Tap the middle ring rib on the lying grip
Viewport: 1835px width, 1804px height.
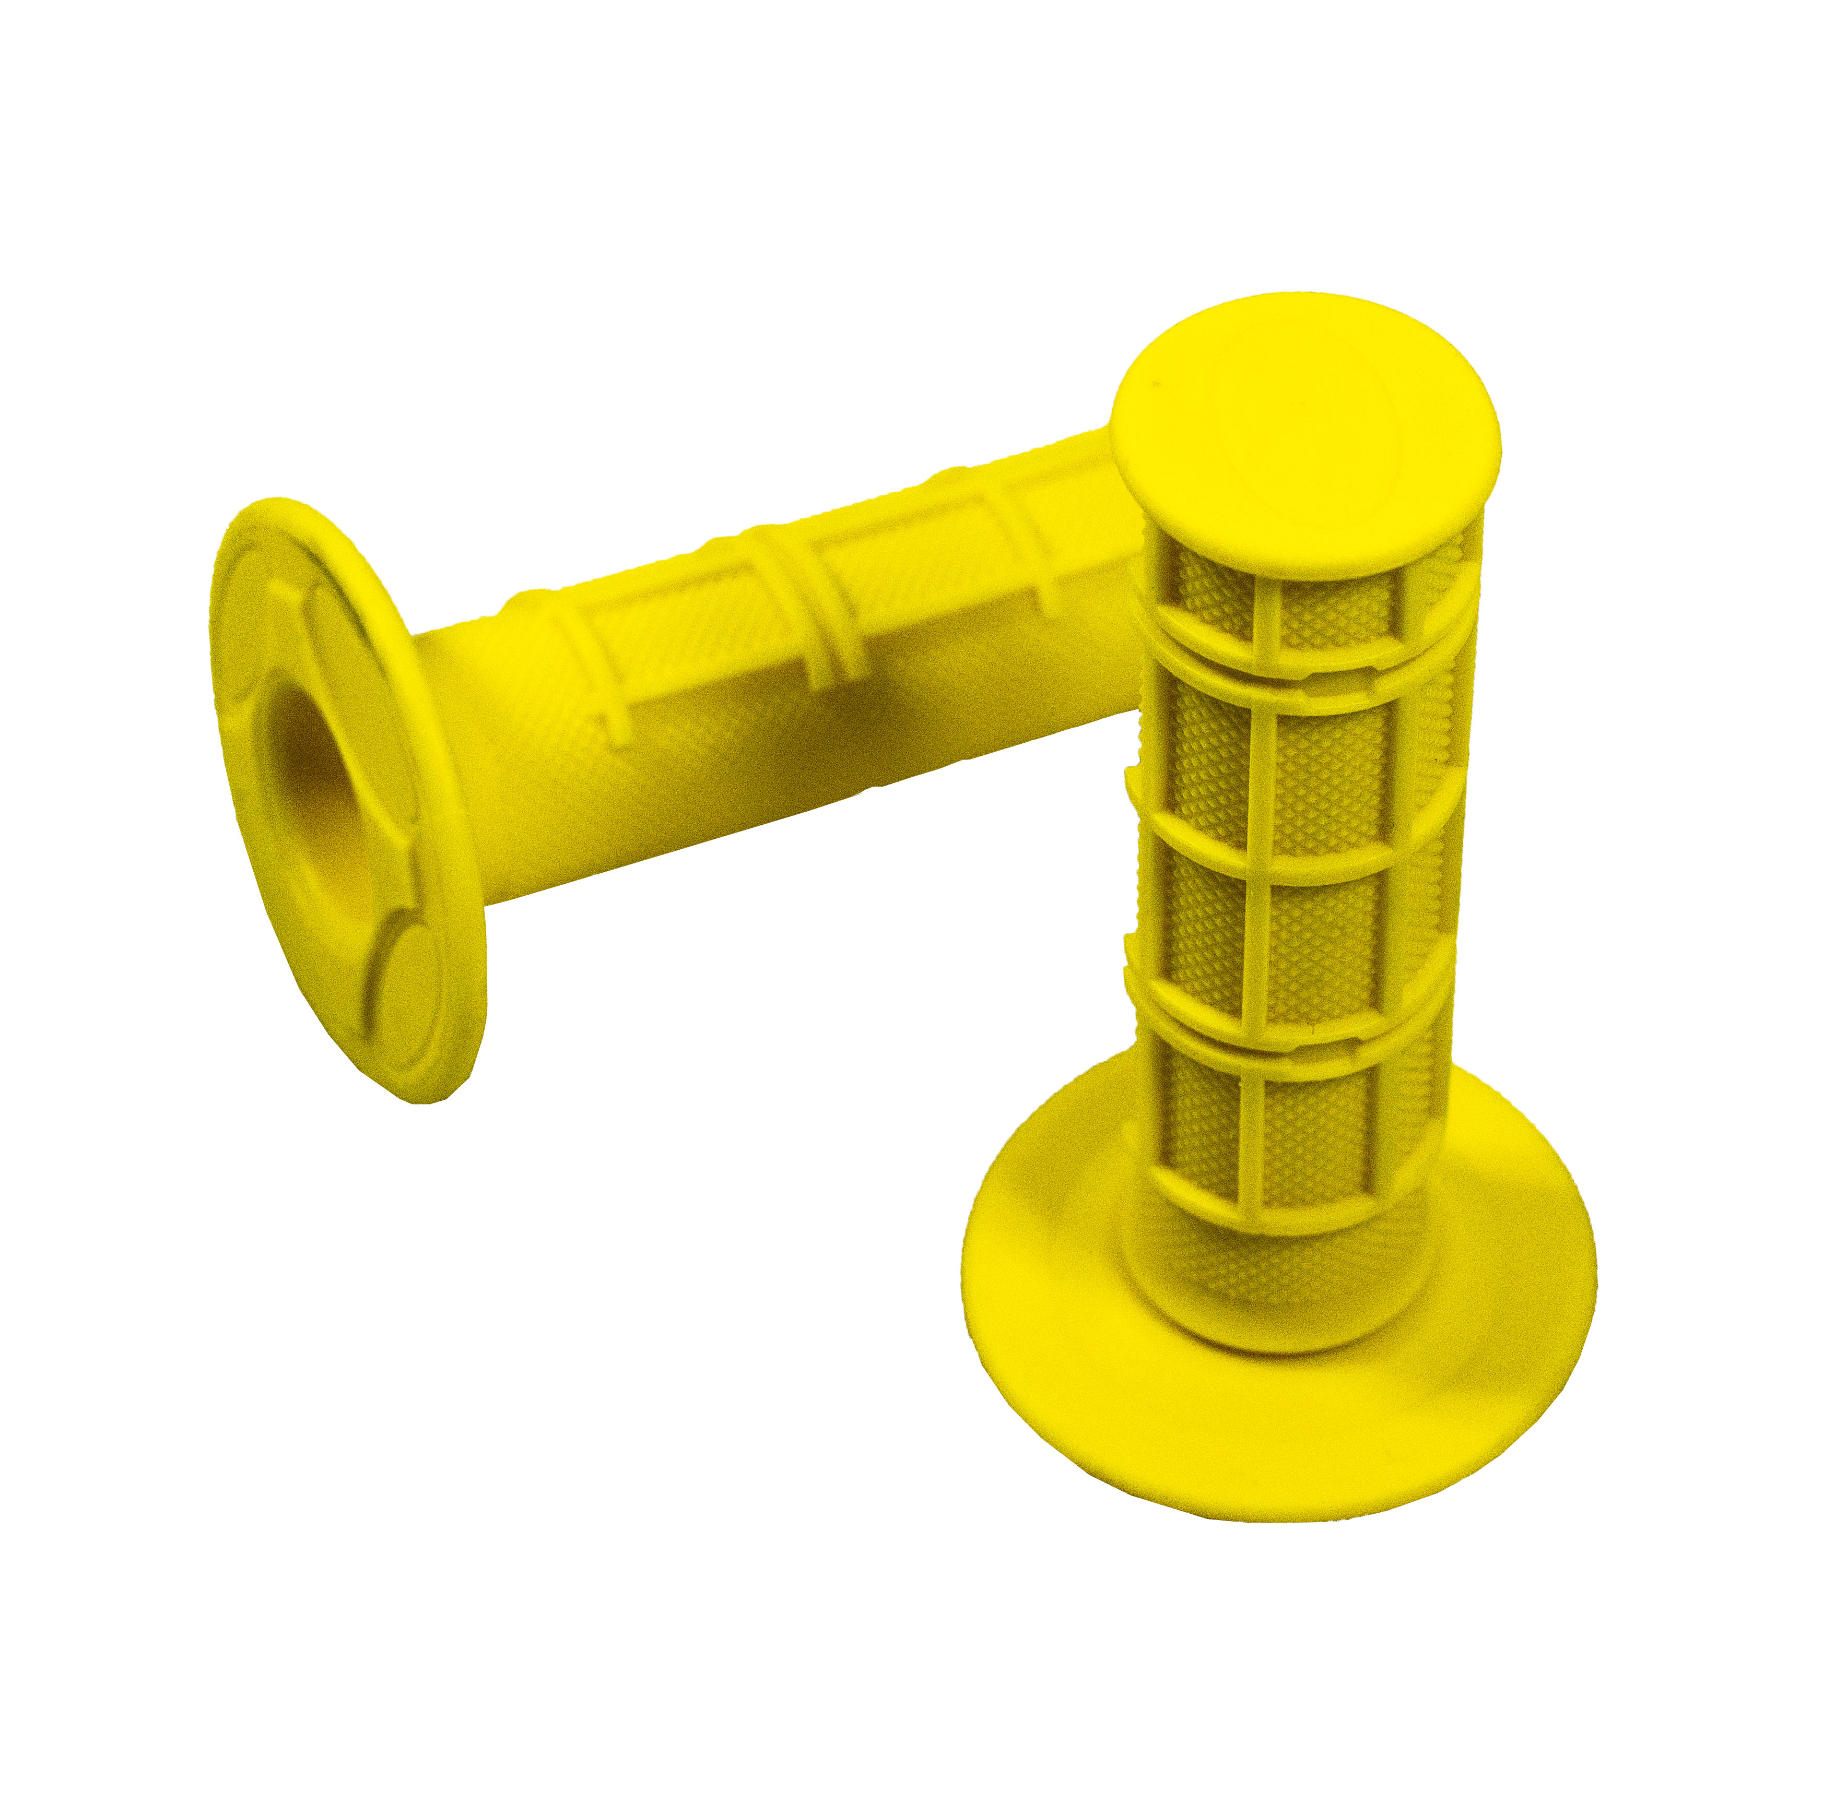[806, 607]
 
